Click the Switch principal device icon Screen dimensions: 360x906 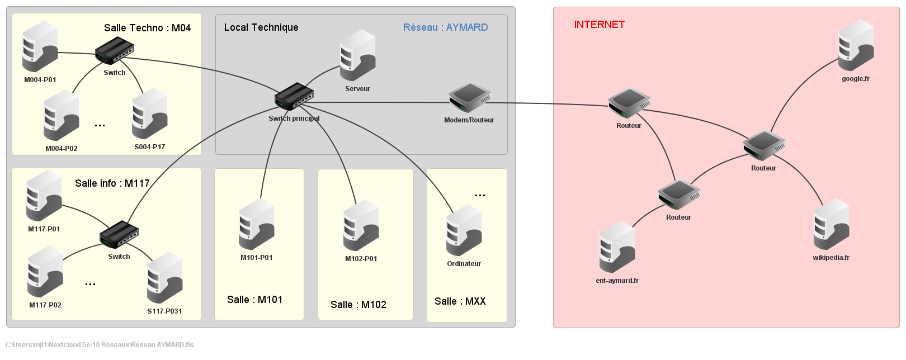tap(294, 97)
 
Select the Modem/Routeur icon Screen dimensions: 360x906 tap(469, 98)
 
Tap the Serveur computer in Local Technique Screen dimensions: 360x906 tap(357, 55)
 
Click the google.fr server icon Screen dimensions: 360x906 tap(856, 46)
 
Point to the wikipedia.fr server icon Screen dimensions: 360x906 tap(831, 224)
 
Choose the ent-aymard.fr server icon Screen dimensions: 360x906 tap(617, 247)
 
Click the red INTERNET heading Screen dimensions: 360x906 tap(599, 25)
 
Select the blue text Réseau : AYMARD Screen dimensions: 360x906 tap(445, 27)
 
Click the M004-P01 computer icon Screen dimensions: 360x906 tap(40, 46)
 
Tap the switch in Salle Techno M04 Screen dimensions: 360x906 tap(114, 51)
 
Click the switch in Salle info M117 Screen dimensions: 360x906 tap(119, 234)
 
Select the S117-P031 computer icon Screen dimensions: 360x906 tap(164, 278)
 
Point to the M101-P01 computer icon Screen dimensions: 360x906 tap(256, 224)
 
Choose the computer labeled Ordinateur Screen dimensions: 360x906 tap(464, 230)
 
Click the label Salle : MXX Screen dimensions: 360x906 tap(460, 301)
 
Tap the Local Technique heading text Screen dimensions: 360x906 tap(261, 27)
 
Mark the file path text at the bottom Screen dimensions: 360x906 tap(100, 345)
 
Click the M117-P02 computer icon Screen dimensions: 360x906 tap(45, 272)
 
